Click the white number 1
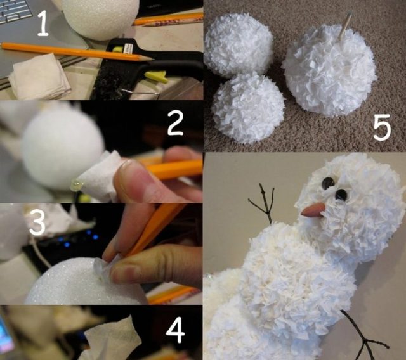point(43,24)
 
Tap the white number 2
point(175,123)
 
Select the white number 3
point(37,222)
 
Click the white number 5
point(382,128)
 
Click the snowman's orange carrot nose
point(313,210)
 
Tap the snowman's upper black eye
point(328,183)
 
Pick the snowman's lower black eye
point(341,195)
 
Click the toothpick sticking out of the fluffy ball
point(346,25)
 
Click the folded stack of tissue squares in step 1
point(39,77)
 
